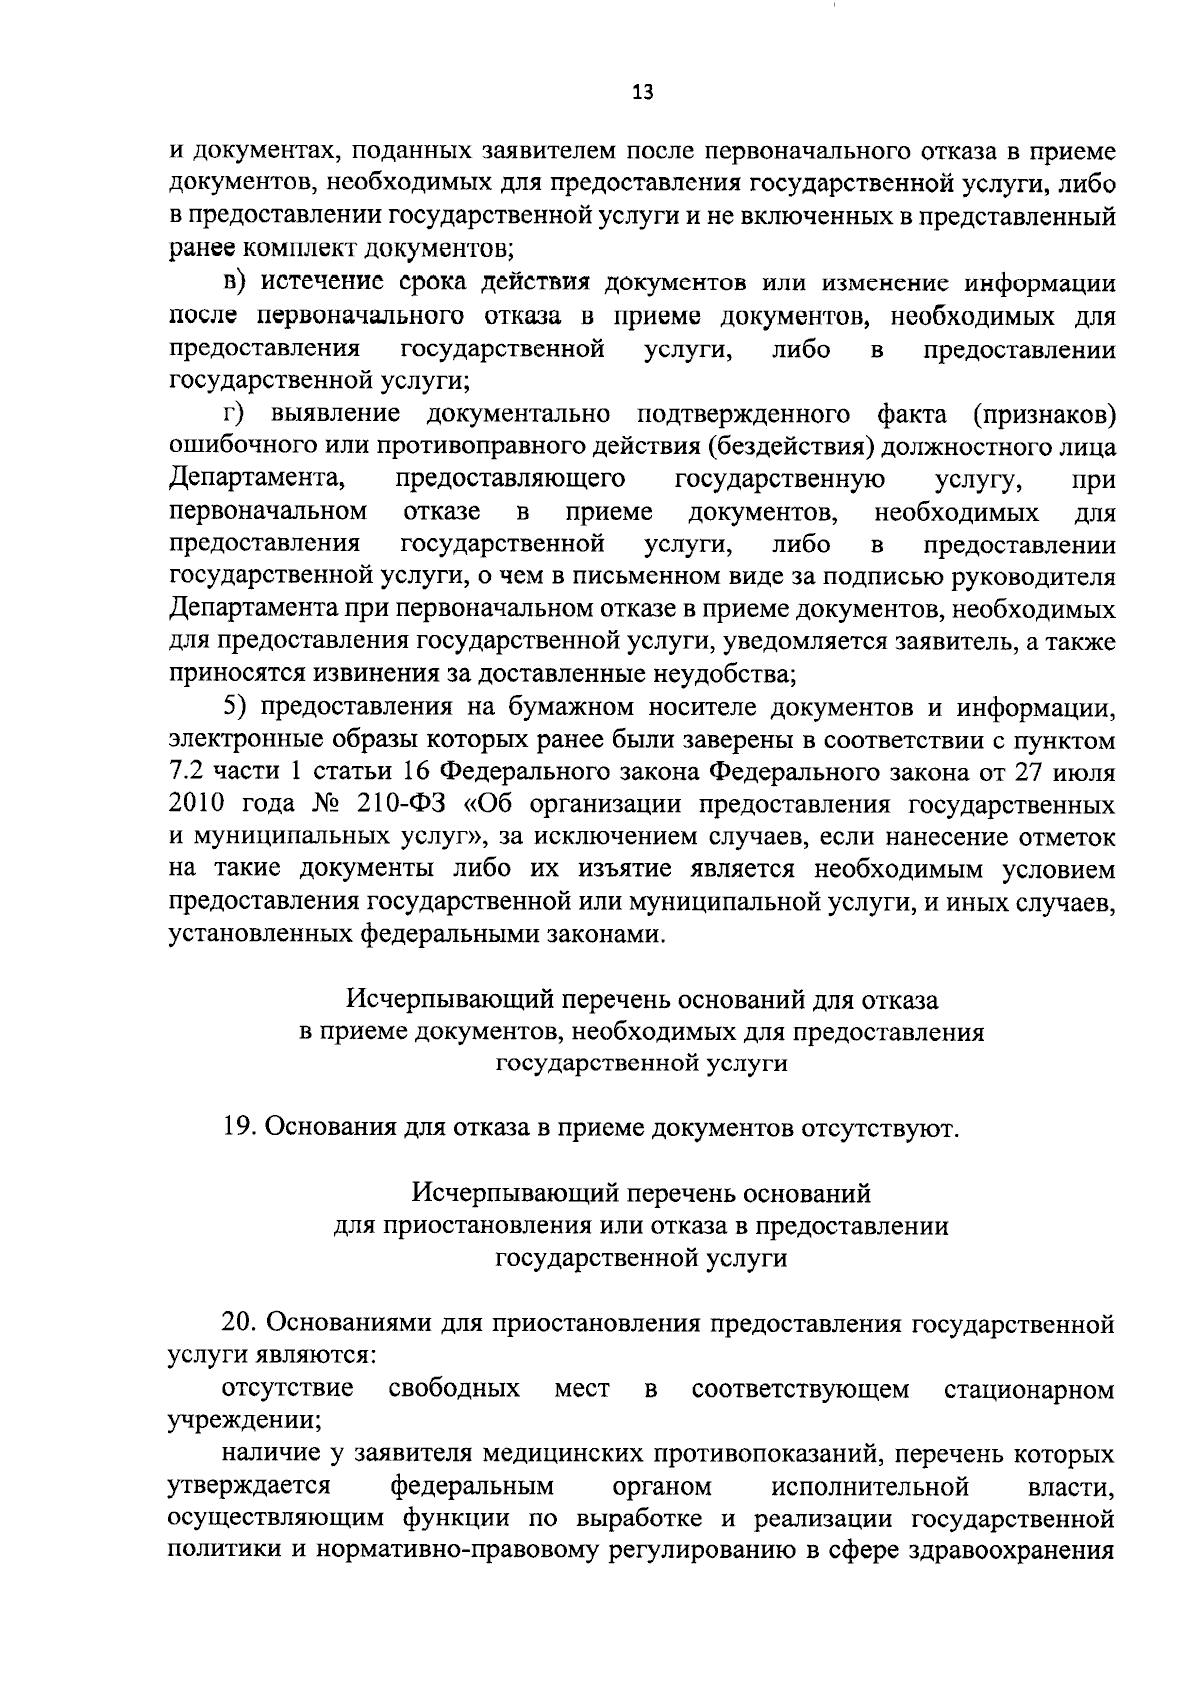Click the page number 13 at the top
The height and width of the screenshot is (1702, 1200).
pyautogui.click(x=642, y=93)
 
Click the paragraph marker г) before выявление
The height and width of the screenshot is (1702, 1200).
pyautogui.click(x=232, y=413)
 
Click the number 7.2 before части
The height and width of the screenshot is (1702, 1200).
pyautogui.click(x=188, y=772)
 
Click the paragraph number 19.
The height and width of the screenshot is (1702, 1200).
pyautogui.click(x=240, y=1129)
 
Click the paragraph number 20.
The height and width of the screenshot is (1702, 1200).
pyautogui.click(x=240, y=1323)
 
